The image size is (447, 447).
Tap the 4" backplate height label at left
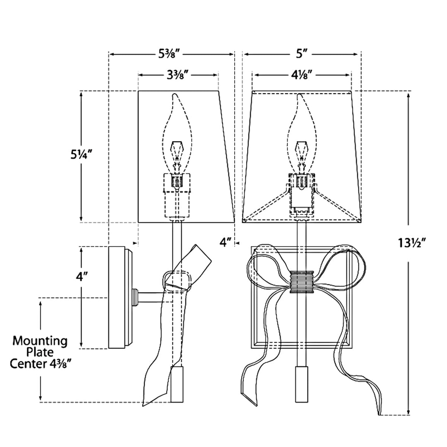pos(82,276)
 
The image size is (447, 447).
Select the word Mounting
pos(40,341)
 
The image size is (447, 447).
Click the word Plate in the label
pos(40,352)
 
